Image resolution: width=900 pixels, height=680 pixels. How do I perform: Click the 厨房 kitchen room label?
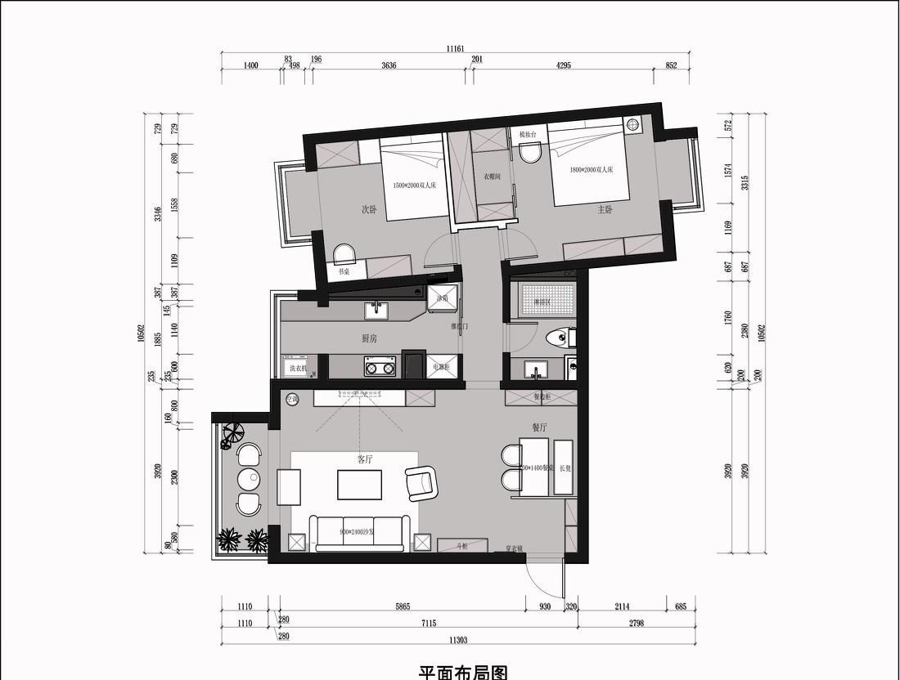tap(369, 338)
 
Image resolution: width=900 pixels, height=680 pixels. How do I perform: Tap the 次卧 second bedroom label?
tap(370, 209)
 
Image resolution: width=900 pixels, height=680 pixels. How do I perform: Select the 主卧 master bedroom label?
tap(605, 209)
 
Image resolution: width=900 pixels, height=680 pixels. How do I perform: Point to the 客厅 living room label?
tap(365, 459)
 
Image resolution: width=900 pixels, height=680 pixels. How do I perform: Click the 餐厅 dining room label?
tap(538, 427)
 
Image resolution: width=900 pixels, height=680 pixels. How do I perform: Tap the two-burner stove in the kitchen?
tap(380, 369)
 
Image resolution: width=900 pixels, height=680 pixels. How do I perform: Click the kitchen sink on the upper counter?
tap(377, 310)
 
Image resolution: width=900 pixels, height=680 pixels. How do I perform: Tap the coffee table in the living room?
tap(359, 484)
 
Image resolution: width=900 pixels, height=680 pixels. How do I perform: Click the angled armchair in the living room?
tap(421, 482)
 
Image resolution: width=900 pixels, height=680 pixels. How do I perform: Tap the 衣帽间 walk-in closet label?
tap(491, 176)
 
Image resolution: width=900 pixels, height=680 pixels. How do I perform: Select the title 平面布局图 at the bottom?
tap(463, 672)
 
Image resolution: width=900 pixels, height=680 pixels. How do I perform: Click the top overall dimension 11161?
tap(456, 49)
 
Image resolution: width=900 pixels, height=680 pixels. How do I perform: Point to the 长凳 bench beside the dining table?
tap(565, 468)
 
